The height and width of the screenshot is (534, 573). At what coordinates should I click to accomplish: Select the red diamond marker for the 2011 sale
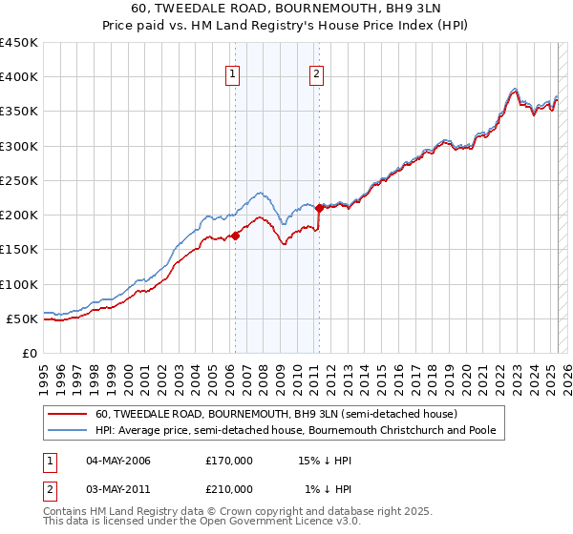pyautogui.click(x=319, y=208)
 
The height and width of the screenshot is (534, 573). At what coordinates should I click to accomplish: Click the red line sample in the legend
pyautogui.click(x=68, y=415)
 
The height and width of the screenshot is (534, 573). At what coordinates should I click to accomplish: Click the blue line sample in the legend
pyautogui.click(x=68, y=431)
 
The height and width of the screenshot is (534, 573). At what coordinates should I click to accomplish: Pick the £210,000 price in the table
pyautogui.click(x=229, y=489)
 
